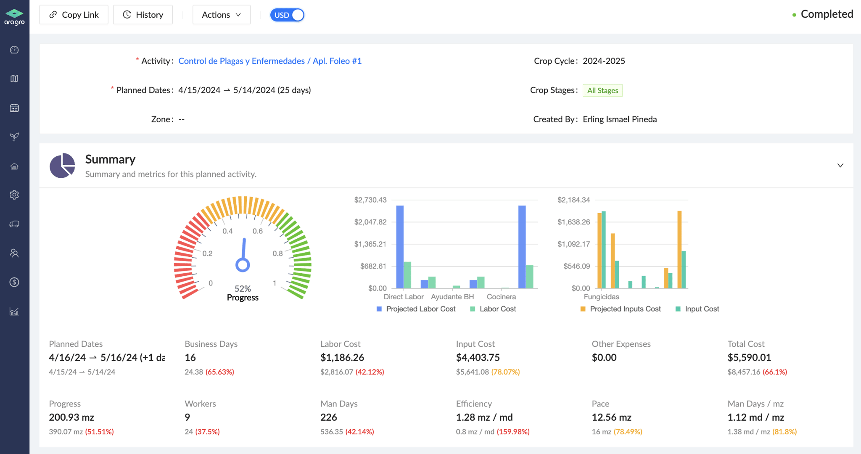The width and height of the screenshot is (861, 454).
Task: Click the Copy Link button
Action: [x=74, y=15]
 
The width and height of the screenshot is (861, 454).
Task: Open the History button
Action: [x=143, y=15]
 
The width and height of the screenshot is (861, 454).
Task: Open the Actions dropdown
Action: [x=221, y=15]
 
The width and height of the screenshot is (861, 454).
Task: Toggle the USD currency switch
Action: [x=287, y=15]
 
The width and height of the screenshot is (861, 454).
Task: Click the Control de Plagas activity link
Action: [x=270, y=61]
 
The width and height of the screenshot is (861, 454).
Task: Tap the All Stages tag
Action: [x=602, y=90]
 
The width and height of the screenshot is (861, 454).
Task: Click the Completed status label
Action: [x=826, y=14]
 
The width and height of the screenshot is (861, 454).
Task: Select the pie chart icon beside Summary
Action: [x=62, y=166]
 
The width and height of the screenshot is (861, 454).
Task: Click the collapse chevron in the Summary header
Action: [x=840, y=166]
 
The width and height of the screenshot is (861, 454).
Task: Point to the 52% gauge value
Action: [x=243, y=288]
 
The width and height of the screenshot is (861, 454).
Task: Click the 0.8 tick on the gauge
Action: [x=277, y=253]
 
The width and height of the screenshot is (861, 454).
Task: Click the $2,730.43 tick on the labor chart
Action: [x=370, y=200]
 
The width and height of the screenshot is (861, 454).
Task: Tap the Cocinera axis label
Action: [x=501, y=297]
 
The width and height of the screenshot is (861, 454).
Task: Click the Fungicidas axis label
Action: [x=601, y=297]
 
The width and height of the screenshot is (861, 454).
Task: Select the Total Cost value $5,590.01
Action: [x=749, y=358]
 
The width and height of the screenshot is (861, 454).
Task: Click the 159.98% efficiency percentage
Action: [x=513, y=432]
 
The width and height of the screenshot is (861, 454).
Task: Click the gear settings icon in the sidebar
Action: [x=14, y=195]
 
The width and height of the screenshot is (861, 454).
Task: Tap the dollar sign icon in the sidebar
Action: [x=14, y=282]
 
